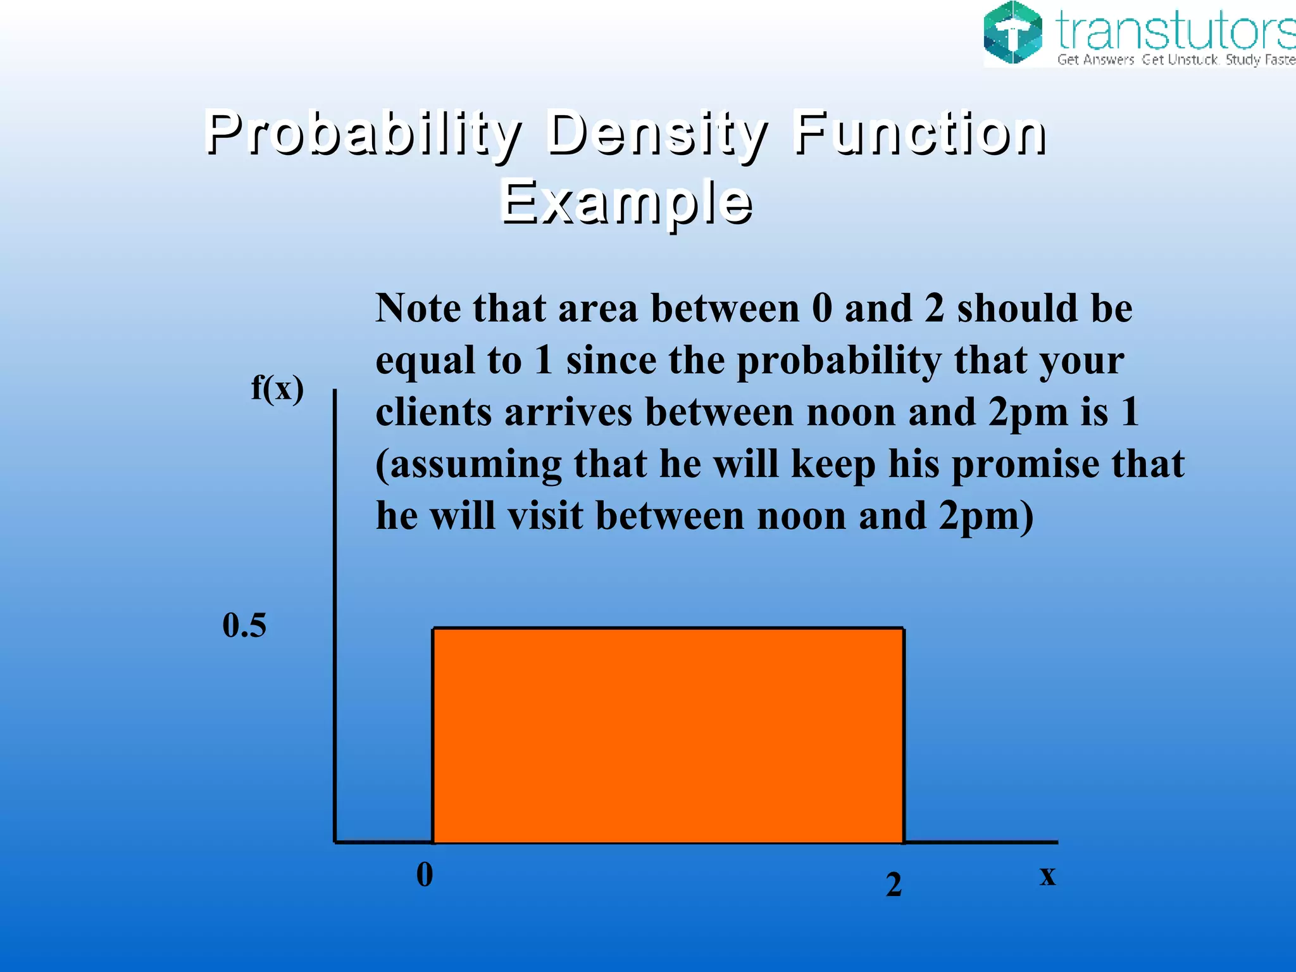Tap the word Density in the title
(656, 134)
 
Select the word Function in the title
(919, 134)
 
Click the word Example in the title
(626, 202)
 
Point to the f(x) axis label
(277, 388)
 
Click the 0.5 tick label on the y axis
(244, 625)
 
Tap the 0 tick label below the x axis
(425, 875)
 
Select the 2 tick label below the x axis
(894, 884)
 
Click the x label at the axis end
(1047, 876)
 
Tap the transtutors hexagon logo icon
(1012, 33)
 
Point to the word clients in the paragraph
(433, 413)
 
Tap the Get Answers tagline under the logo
(1095, 60)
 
